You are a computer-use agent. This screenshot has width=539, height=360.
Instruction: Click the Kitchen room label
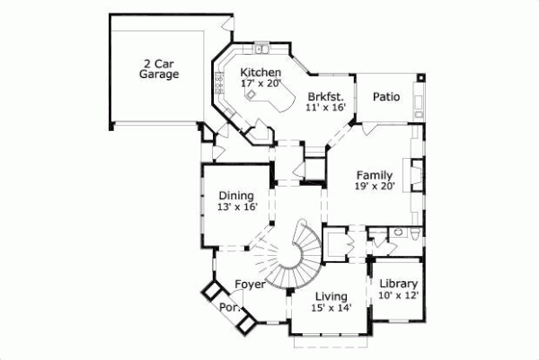[261, 73]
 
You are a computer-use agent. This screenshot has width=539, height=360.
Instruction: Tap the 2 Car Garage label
[158, 69]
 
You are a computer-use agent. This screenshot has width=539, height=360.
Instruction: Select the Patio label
[386, 95]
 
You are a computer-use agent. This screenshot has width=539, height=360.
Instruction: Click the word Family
[374, 174]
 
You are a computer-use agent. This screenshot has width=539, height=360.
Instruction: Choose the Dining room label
[236, 196]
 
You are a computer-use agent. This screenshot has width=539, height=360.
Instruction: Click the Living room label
[331, 296]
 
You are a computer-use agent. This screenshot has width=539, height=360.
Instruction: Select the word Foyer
[250, 285]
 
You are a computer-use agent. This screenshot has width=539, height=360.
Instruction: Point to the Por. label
[228, 307]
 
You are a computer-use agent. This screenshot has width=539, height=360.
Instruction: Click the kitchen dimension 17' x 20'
[261, 83]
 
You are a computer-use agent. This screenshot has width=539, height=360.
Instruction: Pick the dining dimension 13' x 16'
[236, 207]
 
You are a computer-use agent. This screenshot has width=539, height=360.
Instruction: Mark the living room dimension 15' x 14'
[331, 308]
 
